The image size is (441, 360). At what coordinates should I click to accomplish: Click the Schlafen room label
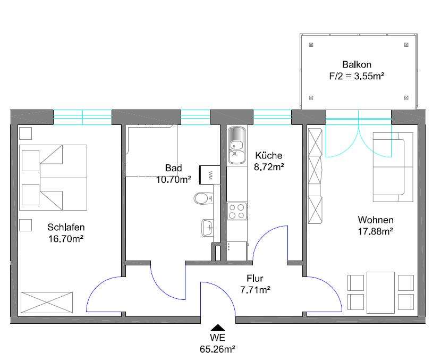coord(66,227)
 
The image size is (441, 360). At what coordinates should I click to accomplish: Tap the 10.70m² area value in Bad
coord(174,180)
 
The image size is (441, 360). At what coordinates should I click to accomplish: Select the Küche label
coord(269,155)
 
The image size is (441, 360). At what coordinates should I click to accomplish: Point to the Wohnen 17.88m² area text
coord(376,231)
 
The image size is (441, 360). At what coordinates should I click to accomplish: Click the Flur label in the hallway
coord(255,278)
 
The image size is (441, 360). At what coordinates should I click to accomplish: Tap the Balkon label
coord(357,64)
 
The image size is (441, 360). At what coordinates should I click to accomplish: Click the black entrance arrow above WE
coord(217,328)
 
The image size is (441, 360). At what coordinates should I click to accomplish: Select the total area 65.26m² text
coord(217,349)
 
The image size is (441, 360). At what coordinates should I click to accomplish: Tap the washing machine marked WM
coord(209,175)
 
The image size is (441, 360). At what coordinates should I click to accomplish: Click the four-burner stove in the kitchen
coord(237,212)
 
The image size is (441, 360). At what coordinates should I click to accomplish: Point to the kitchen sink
coord(236,145)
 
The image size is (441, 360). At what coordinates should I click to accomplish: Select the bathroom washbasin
coord(207,228)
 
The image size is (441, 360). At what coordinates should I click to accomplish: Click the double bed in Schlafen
coord(53,178)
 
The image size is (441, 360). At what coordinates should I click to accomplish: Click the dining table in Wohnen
coord(380,292)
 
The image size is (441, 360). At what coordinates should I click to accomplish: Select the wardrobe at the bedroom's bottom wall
coord(47,302)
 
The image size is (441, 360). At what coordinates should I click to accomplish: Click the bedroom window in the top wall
coord(83,117)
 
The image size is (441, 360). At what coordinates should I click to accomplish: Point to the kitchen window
coord(272,117)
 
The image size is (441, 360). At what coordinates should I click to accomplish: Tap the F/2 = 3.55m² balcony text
coord(357,76)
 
